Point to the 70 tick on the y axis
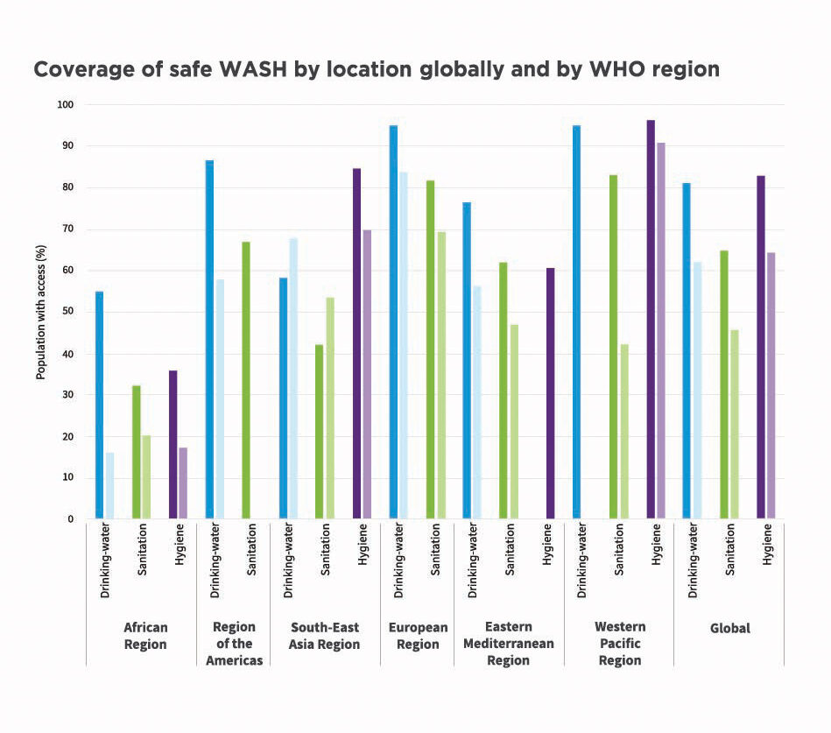[67, 229]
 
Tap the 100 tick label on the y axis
[66, 105]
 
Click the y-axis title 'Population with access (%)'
[41, 312]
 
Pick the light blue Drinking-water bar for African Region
[109, 485]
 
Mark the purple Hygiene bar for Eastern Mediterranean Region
[549, 393]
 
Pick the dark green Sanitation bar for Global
[724, 384]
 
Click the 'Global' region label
[729, 629]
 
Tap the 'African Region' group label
[145, 636]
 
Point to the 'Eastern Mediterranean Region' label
[509, 644]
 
